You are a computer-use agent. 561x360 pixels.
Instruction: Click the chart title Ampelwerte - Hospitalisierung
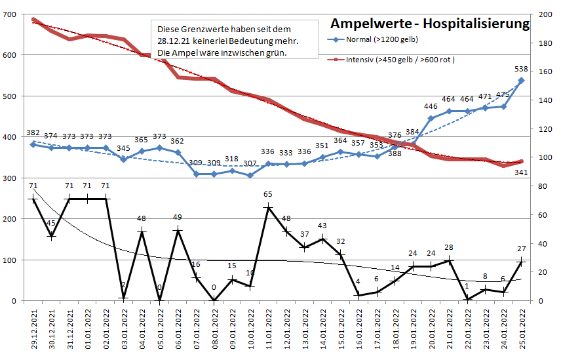point(429,24)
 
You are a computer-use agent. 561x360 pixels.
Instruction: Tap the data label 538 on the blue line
point(522,69)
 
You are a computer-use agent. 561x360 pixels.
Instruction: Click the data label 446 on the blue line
point(431,106)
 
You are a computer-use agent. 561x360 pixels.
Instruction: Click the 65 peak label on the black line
point(268,195)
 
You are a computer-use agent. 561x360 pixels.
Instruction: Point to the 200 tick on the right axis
point(545,14)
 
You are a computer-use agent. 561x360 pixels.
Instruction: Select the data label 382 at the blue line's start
point(32,132)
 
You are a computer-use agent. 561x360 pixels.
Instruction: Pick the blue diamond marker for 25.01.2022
point(522,81)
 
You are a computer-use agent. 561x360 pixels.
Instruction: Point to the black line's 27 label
point(522,249)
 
